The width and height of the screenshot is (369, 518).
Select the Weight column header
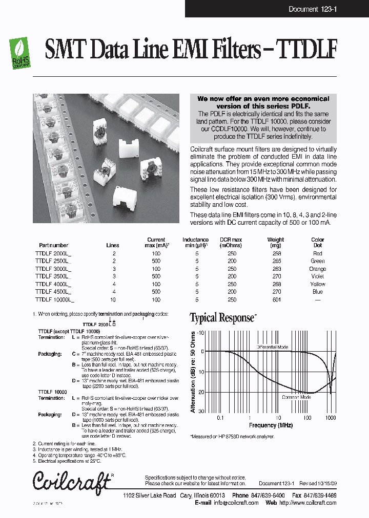(x=275, y=240)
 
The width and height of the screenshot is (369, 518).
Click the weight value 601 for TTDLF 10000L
(x=277, y=299)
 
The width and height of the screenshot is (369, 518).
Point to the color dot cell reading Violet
(x=318, y=276)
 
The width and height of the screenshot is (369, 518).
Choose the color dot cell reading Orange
(x=318, y=269)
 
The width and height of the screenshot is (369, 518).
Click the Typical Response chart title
(x=222, y=318)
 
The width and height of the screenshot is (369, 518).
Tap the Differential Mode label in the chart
(x=272, y=347)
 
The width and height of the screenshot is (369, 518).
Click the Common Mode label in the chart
(x=296, y=397)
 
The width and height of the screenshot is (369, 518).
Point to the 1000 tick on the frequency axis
(x=331, y=418)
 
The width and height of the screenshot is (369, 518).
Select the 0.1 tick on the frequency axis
(x=220, y=418)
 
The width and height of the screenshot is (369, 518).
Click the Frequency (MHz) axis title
(x=271, y=425)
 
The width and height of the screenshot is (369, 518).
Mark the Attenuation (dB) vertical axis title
(x=193, y=372)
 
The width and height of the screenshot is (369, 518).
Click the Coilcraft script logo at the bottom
(x=72, y=481)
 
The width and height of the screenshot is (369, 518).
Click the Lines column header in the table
(x=113, y=245)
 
